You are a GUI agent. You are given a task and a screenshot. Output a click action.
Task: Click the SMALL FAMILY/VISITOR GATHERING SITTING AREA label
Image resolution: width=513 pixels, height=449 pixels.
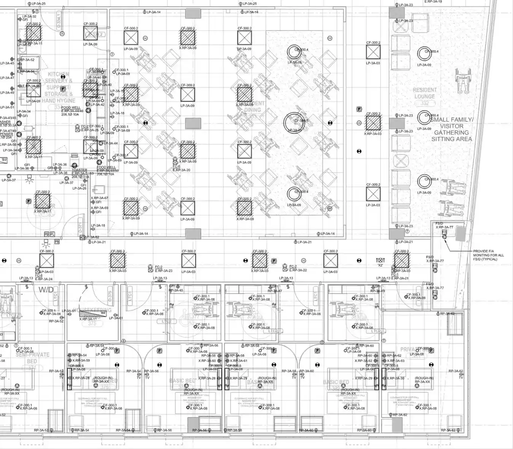(x=451, y=129)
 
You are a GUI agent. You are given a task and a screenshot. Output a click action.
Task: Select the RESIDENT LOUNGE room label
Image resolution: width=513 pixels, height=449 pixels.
(x=424, y=94)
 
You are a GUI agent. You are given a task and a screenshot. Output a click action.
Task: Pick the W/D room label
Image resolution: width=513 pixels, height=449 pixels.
(x=46, y=290)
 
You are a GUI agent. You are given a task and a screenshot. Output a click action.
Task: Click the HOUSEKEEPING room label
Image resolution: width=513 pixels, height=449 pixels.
(x=92, y=310)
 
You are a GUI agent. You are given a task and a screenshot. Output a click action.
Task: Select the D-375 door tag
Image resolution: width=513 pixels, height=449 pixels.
(x=110, y=296)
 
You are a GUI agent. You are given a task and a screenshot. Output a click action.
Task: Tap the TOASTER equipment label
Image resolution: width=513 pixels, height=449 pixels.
(x=79, y=170)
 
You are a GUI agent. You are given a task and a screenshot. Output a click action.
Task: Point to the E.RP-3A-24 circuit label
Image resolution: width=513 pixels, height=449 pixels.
(x=44, y=279)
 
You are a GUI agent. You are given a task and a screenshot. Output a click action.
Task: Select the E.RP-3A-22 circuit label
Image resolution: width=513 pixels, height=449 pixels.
(x=298, y=270)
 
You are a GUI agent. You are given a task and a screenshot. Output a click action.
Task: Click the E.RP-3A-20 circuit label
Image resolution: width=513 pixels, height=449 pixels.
(x=181, y=170)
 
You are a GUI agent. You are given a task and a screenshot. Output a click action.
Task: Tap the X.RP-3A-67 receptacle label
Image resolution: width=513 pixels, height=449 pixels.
(x=99, y=198)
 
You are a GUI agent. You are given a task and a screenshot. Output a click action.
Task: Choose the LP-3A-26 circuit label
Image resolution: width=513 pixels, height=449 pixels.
(x=79, y=188)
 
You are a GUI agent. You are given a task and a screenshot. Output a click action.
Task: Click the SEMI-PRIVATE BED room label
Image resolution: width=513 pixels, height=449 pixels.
(x=32, y=358)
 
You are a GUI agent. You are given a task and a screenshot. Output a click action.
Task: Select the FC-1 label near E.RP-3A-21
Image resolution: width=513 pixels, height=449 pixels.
(x=395, y=274)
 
